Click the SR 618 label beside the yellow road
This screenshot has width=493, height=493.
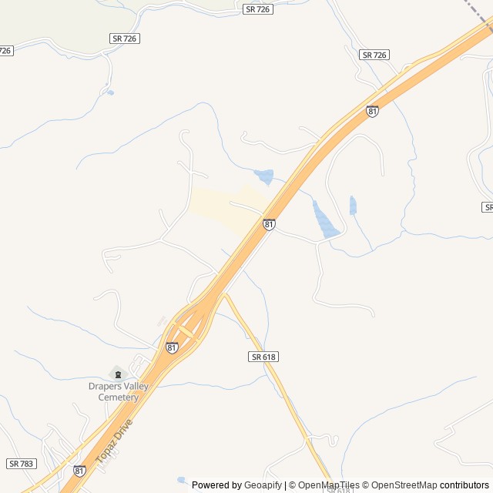tap(263, 357)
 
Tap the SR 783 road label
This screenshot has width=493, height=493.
tap(21, 464)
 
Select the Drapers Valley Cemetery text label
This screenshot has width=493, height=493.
tap(112, 392)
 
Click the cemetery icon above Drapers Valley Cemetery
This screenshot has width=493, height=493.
tap(117, 374)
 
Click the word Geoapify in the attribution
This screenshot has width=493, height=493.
tap(263, 485)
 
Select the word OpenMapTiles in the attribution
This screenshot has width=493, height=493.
tap(328, 485)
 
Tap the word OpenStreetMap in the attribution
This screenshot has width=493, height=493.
tap(401, 485)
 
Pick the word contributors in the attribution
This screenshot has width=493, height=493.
tap(464, 485)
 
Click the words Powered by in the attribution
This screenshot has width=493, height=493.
tap(216, 485)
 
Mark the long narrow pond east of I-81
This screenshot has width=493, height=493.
tap(324, 219)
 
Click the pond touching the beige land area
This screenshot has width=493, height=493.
tap(264, 177)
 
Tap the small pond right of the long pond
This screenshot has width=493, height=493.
tap(353, 206)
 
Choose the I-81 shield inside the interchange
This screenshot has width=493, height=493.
tap(172, 348)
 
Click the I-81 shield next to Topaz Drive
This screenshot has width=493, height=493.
tap(79, 470)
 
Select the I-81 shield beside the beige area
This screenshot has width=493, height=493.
tap(269, 224)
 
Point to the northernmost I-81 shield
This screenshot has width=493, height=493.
tap(373, 112)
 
